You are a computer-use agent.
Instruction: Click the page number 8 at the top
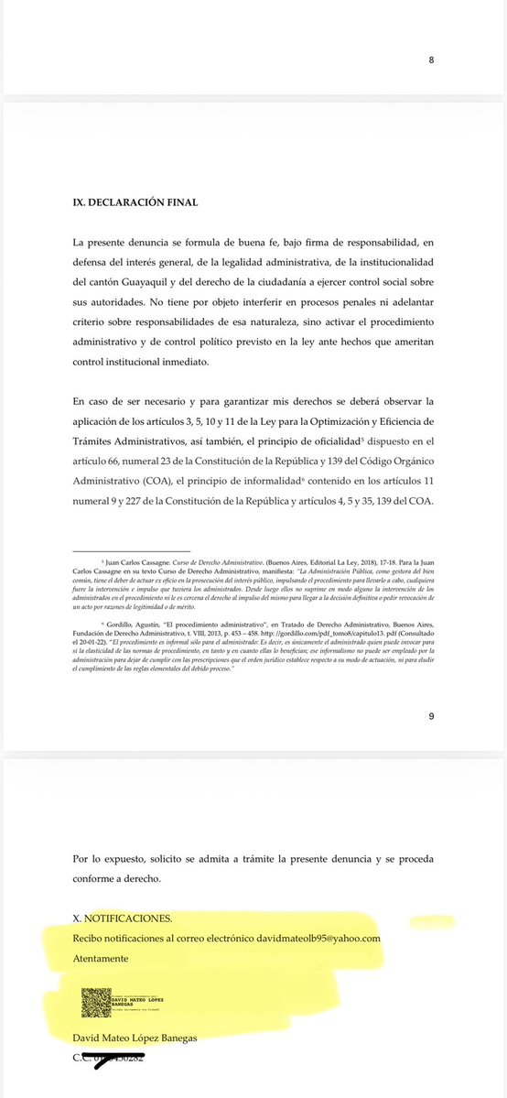point(431,60)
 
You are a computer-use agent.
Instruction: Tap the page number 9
point(431,717)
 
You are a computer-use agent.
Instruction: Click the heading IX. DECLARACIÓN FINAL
point(135,201)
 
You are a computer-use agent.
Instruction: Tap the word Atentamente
point(101,958)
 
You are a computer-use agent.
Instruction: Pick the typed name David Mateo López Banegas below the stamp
point(135,1037)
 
